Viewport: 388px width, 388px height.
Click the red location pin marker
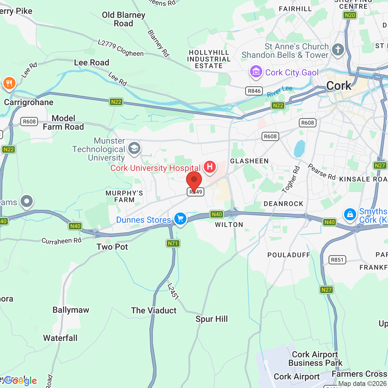click(x=194, y=180)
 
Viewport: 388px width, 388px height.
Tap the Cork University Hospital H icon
click(x=209, y=166)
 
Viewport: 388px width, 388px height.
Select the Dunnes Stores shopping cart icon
click(x=180, y=218)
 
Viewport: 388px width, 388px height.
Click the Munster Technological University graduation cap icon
click(x=134, y=148)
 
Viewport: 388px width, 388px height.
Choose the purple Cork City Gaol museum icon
click(x=256, y=72)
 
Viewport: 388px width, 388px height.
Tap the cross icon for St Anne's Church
click(x=338, y=49)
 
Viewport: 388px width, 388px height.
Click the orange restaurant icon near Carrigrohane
click(x=9, y=83)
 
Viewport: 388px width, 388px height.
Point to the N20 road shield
click(x=350, y=15)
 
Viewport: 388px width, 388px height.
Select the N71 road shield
click(x=173, y=243)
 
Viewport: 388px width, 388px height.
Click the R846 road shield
click(x=254, y=91)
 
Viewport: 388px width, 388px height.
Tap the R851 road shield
click(x=337, y=260)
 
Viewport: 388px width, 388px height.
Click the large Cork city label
click(x=339, y=86)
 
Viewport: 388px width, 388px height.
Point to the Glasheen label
click(x=249, y=161)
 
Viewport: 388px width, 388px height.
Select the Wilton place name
click(x=229, y=225)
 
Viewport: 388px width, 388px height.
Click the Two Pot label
click(x=112, y=247)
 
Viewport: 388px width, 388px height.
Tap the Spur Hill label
click(x=212, y=319)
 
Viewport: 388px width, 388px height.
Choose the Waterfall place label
click(x=60, y=338)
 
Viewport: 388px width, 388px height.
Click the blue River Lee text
click(x=279, y=91)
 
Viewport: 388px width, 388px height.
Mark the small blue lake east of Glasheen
click(x=299, y=149)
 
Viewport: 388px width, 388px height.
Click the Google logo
click(x=21, y=380)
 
